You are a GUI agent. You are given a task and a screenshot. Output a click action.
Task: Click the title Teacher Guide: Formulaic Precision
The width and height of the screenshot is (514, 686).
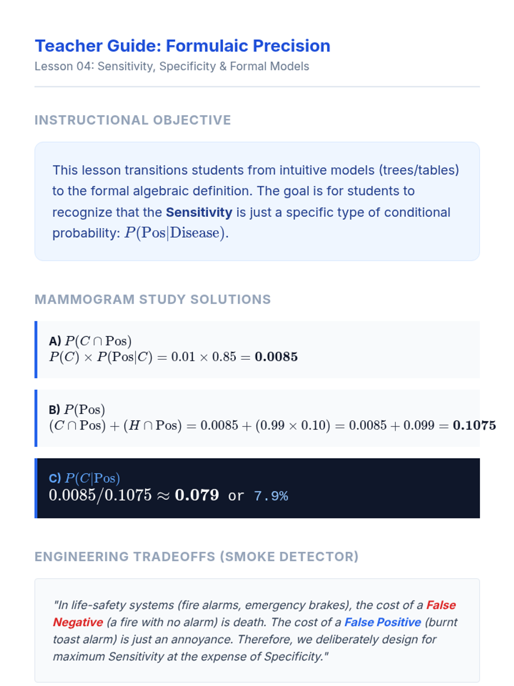click(182, 46)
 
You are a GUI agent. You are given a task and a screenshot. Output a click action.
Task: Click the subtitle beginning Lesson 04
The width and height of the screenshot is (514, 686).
click(172, 66)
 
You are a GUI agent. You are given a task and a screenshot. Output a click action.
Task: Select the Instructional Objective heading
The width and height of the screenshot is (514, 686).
click(133, 120)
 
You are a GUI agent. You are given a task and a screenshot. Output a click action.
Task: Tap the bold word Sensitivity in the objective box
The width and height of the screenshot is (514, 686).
click(199, 212)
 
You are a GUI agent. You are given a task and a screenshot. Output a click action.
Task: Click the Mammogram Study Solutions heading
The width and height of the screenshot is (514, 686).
click(152, 299)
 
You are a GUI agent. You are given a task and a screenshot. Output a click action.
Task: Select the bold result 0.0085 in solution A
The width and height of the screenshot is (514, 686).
click(276, 357)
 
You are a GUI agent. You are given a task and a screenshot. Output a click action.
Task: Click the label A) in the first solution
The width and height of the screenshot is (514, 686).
click(55, 341)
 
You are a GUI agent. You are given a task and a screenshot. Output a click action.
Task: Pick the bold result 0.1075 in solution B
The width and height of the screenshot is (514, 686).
click(474, 425)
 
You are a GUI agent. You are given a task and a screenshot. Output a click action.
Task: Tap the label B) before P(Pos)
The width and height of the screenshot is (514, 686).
click(54, 410)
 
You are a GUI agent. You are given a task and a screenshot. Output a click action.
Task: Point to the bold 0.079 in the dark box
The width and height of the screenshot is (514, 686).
click(197, 495)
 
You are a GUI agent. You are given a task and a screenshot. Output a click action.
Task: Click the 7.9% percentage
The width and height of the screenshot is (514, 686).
click(271, 496)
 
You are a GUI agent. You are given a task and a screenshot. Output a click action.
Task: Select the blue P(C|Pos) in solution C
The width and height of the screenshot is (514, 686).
click(92, 478)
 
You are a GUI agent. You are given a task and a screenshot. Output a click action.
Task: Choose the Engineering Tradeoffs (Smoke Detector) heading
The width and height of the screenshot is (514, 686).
click(197, 557)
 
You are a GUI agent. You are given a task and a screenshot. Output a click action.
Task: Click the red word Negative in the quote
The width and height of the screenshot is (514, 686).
click(78, 622)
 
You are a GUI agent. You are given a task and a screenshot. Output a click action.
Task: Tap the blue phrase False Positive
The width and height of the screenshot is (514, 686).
click(383, 622)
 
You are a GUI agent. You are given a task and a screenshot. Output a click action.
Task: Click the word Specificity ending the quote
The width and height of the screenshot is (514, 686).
click(293, 656)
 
